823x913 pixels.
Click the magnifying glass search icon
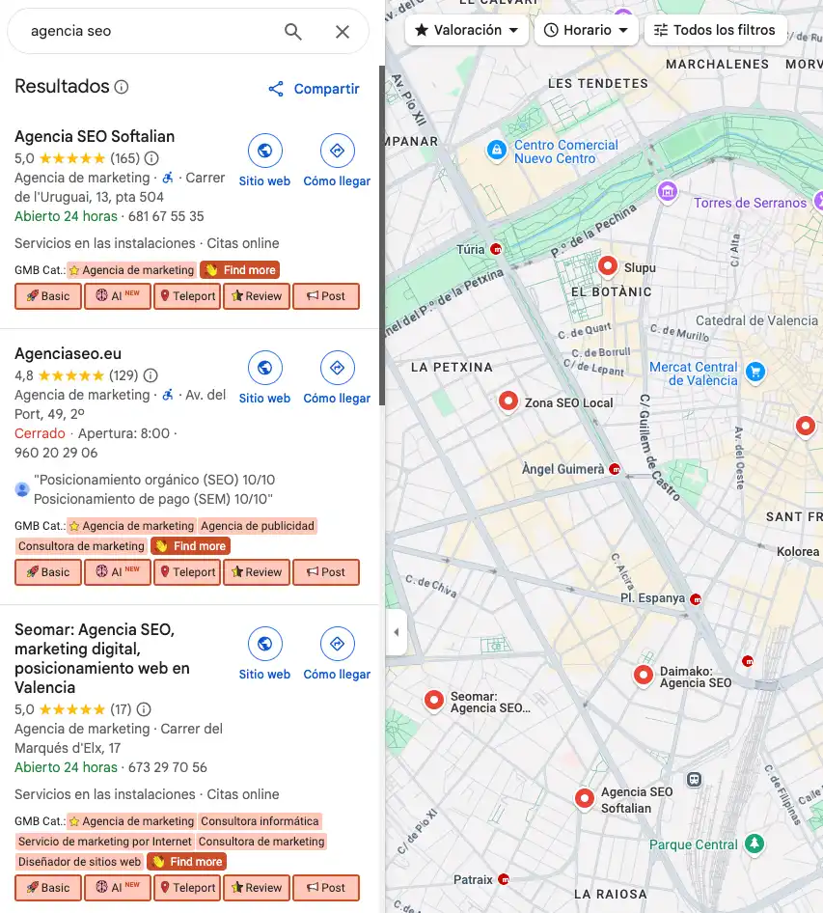293,32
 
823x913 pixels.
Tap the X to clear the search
343,32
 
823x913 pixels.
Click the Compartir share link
314,89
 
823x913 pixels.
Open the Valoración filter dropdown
467,30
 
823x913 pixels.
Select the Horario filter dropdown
586,30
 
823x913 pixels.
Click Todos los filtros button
715,30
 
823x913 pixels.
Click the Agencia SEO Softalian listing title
95,136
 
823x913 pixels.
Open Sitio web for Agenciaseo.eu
264,377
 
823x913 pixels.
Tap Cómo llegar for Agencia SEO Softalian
337,160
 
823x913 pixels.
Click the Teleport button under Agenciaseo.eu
186,572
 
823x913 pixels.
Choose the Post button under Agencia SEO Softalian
325,296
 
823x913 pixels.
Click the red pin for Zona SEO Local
508,401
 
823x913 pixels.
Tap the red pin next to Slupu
608,265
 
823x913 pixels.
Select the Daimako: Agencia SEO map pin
644,676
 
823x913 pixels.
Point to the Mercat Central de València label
693,373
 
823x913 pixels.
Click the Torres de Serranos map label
750,203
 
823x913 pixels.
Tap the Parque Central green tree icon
755,844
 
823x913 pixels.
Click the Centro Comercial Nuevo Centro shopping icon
496,151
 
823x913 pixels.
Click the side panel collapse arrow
396,632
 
